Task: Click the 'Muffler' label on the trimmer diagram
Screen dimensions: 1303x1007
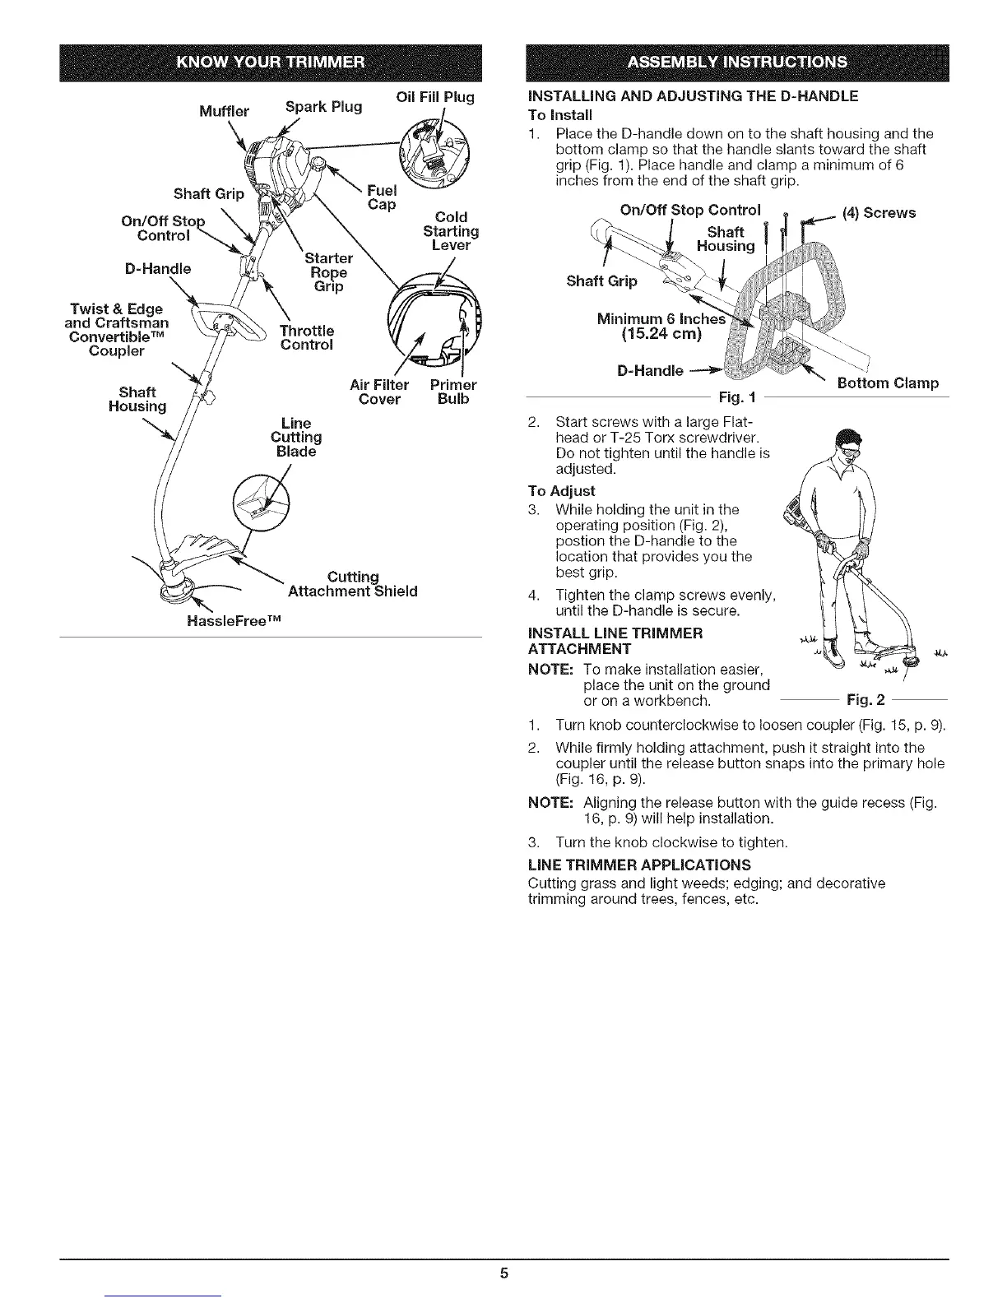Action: point(224,111)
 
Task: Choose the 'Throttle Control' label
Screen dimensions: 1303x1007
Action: point(306,337)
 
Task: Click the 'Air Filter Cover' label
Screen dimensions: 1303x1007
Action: point(379,392)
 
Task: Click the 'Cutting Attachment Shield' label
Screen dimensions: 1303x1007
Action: point(353,584)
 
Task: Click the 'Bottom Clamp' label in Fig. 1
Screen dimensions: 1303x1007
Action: point(888,383)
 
